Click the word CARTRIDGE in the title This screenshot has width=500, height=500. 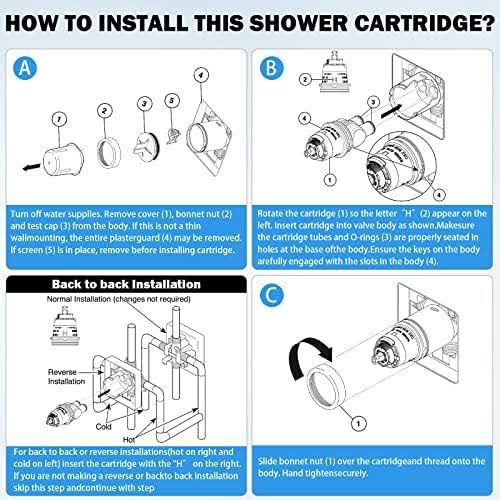point(383,20)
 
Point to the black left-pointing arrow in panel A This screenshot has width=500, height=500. point(35,161)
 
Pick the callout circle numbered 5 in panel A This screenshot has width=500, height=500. point(172,102)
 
